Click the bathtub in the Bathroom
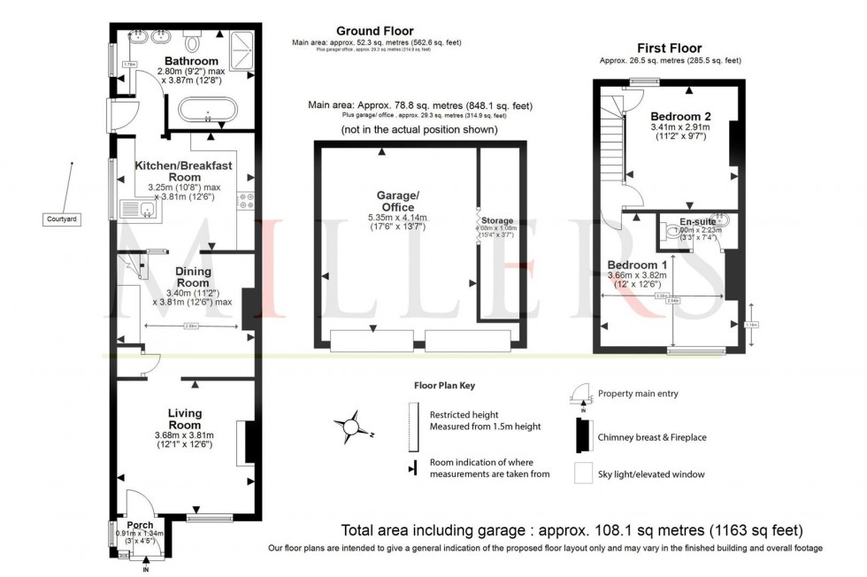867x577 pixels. (x=208, y=112)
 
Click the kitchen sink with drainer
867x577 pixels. (x=137, y=210)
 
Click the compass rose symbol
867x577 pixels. (x=351, y=427)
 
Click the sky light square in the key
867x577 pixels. (x=581, y=474)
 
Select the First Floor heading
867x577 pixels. (x=669, y=48)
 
